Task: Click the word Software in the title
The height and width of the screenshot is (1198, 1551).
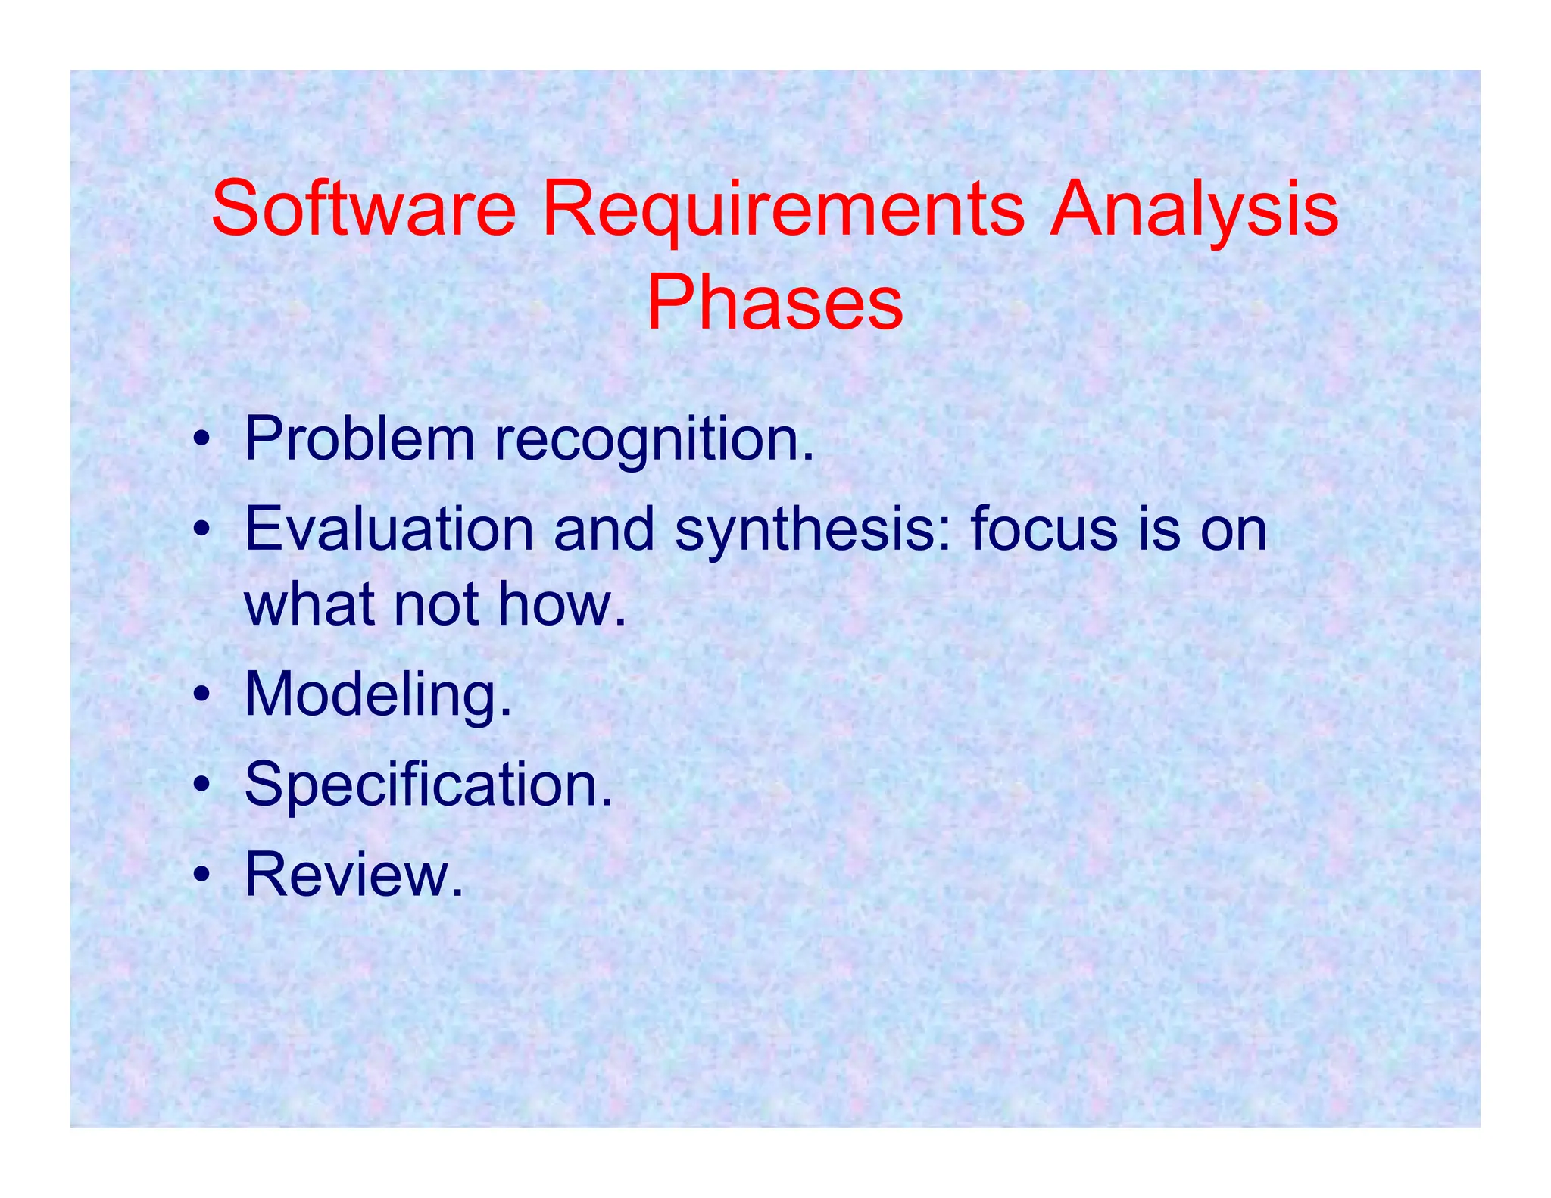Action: (364, 208)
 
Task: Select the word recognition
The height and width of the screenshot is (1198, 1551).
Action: (654, 441)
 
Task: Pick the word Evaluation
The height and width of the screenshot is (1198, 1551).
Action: (389, 529)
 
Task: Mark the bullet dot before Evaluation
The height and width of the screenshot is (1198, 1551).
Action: (201, 530)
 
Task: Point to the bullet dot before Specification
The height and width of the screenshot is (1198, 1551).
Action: (201, 785)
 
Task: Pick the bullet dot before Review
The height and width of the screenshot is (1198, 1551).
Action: (201, 875)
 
